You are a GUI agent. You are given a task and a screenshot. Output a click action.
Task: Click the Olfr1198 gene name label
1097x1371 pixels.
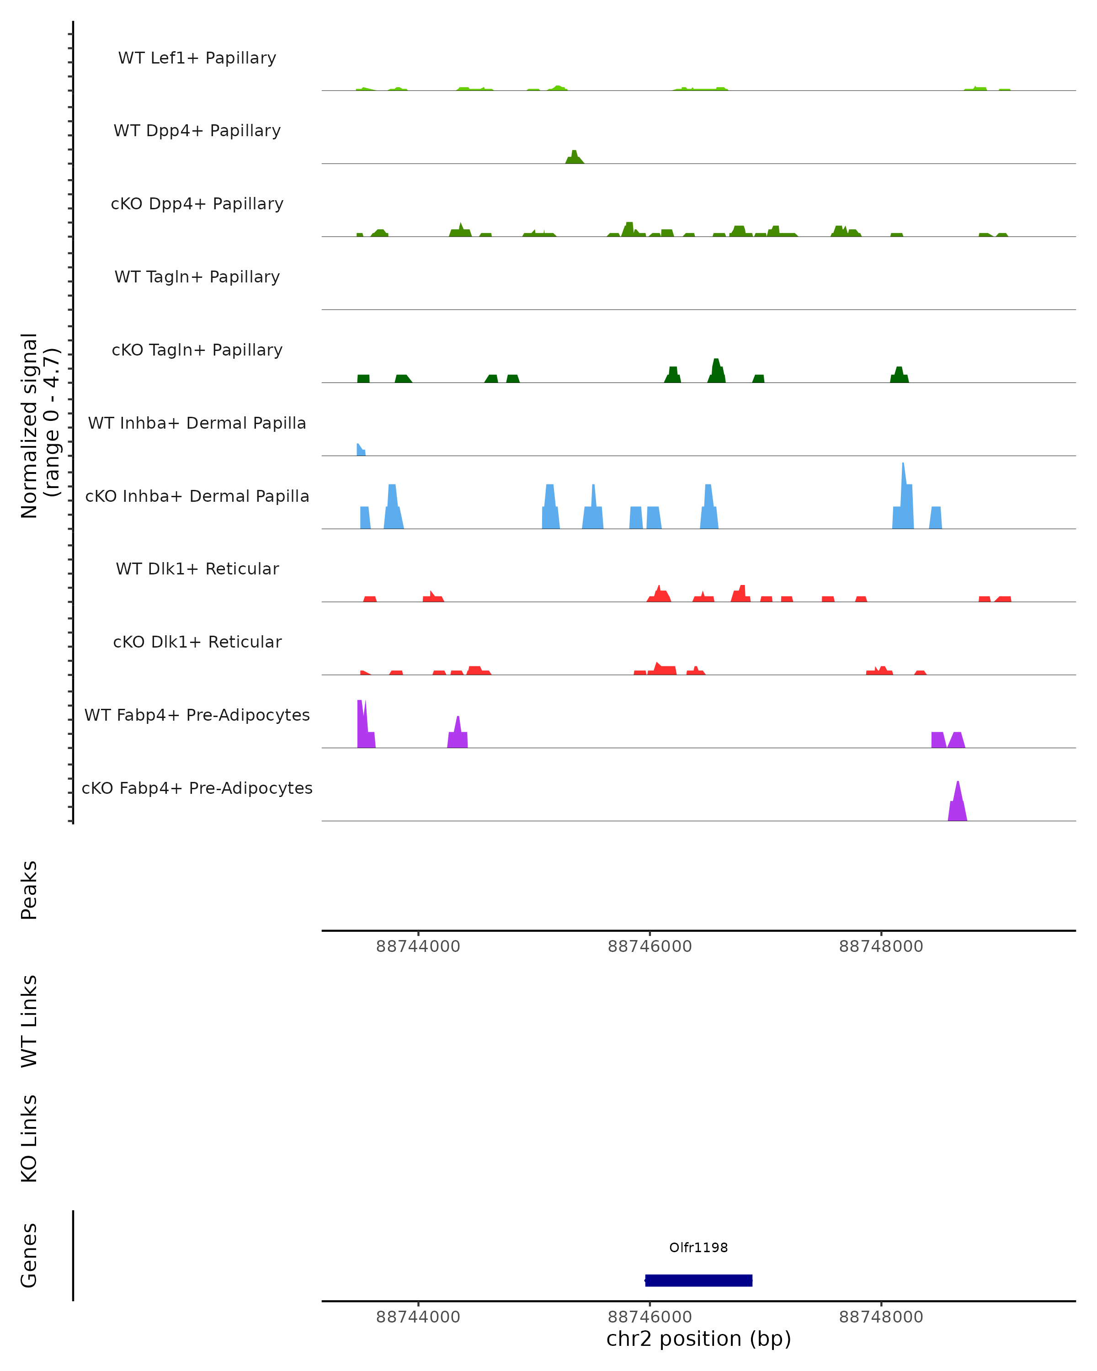click(698, 1247)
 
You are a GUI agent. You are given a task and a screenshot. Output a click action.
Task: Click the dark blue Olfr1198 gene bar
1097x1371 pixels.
click(698, 1280)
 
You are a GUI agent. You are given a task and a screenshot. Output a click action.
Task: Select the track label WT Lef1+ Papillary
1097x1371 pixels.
click(197, 58)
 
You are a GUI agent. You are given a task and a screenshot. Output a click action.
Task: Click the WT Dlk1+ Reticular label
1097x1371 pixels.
click(197, 569)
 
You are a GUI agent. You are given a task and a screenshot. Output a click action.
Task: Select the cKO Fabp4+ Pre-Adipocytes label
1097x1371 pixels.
click(197, 788)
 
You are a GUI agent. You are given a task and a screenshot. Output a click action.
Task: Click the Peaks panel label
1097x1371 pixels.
click(29, 890)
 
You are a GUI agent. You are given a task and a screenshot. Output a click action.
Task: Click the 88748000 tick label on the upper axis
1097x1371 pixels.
click(881, 946)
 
